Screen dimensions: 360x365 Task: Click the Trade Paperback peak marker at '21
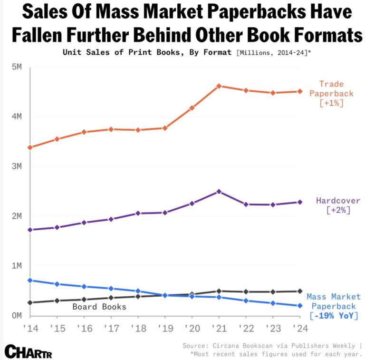219,86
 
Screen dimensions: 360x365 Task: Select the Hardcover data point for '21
219,192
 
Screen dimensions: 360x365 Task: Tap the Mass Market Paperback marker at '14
30,280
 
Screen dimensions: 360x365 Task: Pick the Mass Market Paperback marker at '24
300,306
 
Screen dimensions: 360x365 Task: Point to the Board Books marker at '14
30,302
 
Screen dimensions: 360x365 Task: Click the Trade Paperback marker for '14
30,147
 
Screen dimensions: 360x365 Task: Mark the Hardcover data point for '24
300,202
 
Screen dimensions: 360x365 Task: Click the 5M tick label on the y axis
16,67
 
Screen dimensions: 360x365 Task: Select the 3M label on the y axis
16,166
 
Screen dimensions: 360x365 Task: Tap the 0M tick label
16,315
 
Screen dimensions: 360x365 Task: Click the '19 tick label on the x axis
165,328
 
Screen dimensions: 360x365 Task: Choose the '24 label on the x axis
300,328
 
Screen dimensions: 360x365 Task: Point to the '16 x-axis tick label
84,328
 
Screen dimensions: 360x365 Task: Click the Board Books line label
99,307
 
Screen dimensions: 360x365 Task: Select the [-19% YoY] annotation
334,316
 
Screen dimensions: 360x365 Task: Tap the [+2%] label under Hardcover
338,210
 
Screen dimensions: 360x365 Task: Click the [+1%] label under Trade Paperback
331,103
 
